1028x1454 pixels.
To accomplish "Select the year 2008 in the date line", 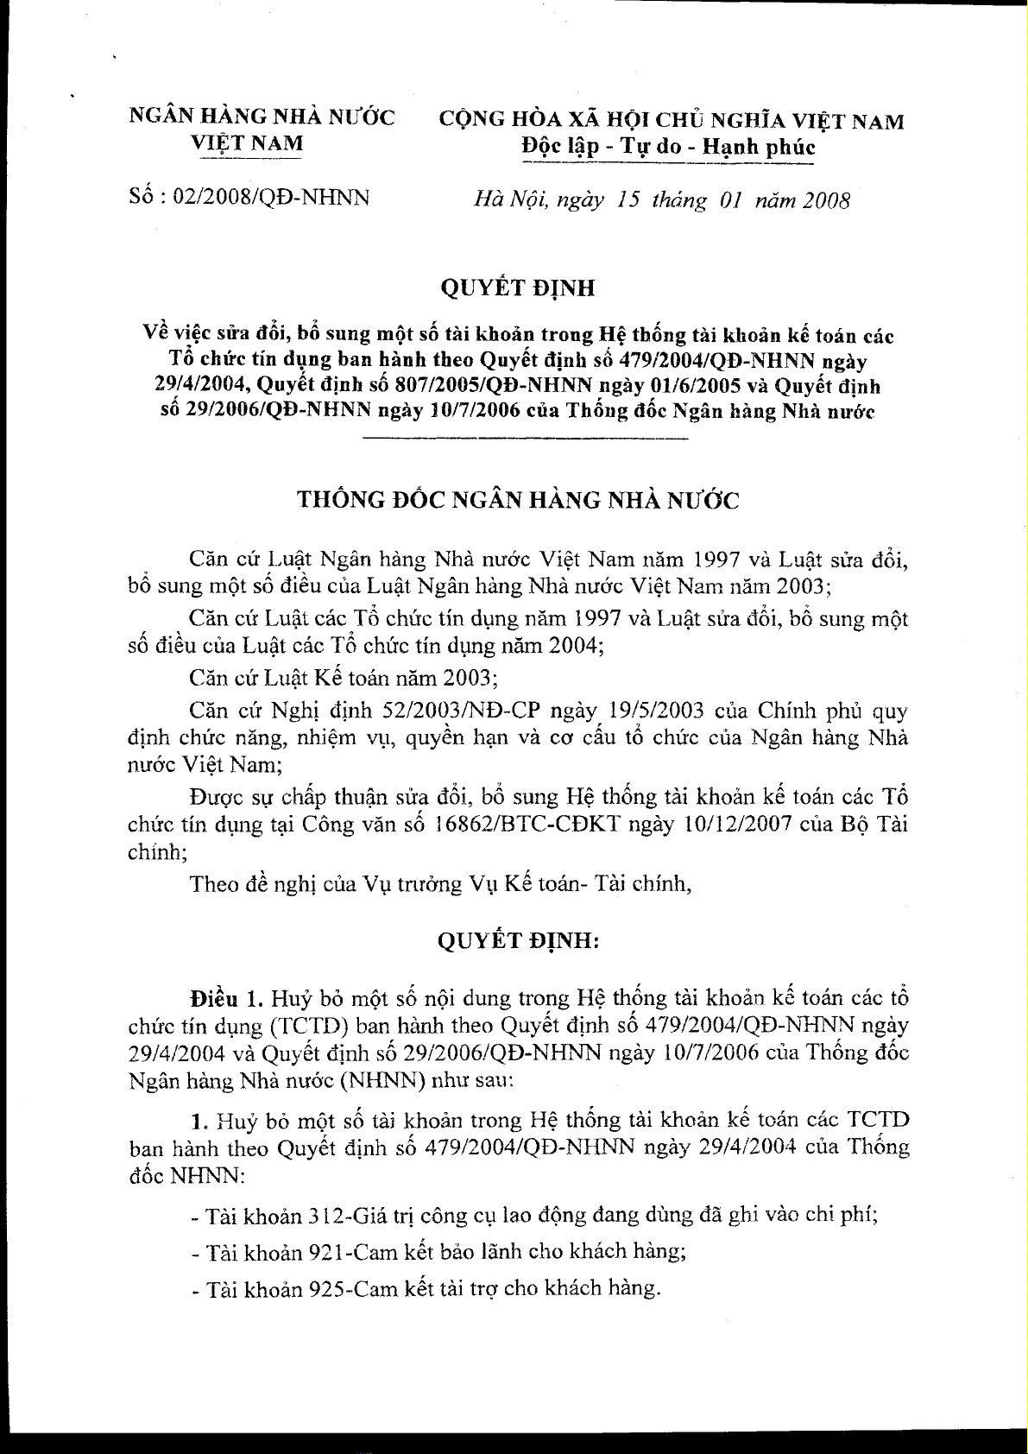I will [826, 201].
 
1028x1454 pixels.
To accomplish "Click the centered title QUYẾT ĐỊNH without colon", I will [518, 288].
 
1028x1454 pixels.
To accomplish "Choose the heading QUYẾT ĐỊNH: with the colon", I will [518, 942].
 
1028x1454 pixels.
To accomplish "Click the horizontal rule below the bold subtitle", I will [526, 440].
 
